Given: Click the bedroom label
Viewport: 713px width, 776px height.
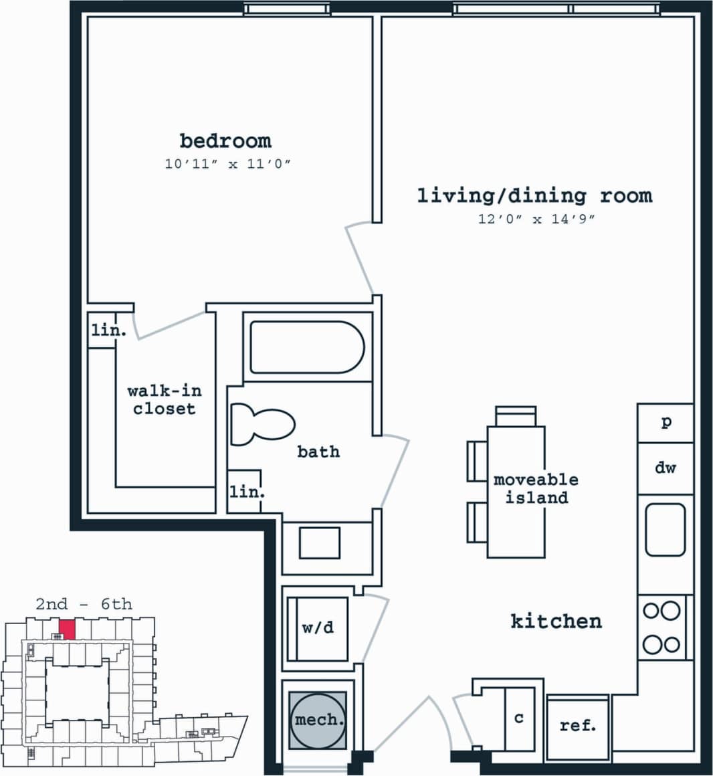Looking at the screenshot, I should click(225, 141).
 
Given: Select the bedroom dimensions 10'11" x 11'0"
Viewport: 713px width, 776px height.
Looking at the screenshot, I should click(228, 164).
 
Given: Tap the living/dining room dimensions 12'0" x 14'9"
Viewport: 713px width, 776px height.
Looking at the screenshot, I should click(536, 219).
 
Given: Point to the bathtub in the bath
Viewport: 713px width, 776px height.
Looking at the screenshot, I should click(307, 347).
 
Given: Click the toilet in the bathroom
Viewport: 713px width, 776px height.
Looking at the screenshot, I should click(262, 425).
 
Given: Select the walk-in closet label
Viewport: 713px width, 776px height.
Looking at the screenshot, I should click(165, 399).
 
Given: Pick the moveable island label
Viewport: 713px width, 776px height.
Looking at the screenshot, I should click(535, 488).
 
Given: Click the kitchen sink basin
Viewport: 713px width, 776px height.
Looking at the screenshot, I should click(665, 530).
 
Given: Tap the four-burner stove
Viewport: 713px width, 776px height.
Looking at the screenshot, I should click(661, 627).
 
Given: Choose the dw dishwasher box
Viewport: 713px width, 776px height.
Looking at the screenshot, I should click(665, 468).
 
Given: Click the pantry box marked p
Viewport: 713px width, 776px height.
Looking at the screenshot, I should click(666, 423).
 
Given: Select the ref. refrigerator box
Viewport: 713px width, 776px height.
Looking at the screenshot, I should click(578, 726).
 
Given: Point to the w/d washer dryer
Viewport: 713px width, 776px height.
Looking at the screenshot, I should click(318, 628).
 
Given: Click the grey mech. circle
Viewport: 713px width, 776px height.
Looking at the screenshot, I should click(318, 720).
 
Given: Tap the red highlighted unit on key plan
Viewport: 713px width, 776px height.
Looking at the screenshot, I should click(67, 629).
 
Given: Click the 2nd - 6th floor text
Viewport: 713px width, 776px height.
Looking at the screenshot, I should click(84, 604).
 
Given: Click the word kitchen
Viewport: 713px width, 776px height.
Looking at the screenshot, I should click(556, 621).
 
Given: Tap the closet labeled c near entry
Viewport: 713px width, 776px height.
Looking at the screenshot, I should click(518, 718).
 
